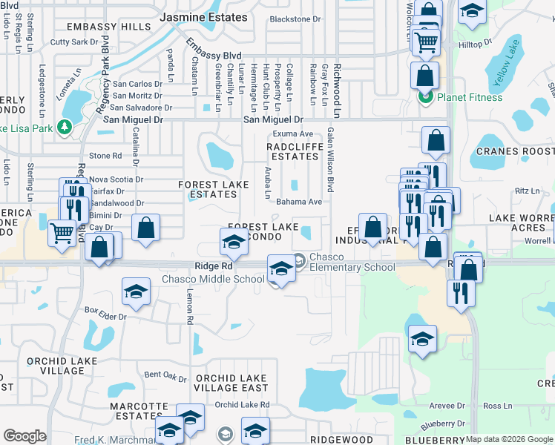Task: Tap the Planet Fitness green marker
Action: (426, 97)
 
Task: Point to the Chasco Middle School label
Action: (214, 280)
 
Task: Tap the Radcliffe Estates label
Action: (294, 151)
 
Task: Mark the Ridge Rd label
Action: (214, 266)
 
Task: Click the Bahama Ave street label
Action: (299, 202)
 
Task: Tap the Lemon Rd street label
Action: (190, 309)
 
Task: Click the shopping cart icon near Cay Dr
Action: (62, 233)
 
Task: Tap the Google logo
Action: (24, 436)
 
